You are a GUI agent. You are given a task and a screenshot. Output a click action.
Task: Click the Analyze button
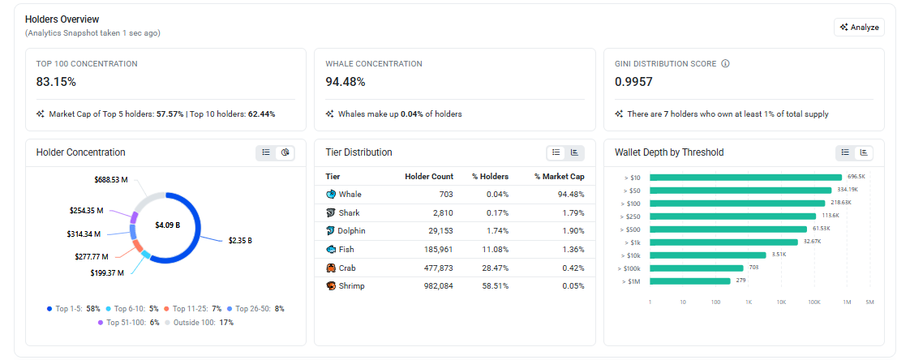point(859,27)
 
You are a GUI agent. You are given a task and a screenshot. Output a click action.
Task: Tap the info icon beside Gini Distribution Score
point(725,63)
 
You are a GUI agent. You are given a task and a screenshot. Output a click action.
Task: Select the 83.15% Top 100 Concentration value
point(56,82)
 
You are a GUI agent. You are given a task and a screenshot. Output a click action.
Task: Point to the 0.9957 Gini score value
point(633,82)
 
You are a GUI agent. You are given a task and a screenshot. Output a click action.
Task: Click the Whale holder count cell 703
point(446,194)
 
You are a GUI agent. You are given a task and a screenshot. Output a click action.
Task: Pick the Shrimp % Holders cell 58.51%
point(497,285)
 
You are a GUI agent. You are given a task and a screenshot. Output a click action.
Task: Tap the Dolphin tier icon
point(331,231)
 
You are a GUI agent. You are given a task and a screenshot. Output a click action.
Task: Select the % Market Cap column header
point(560,177)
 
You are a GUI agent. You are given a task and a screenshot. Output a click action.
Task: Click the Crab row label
point(346,268)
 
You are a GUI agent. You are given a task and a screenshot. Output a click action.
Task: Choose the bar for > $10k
point(708,255)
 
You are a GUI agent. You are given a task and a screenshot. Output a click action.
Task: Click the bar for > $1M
point(690,281)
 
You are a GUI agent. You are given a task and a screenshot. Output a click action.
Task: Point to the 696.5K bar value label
point(856,176)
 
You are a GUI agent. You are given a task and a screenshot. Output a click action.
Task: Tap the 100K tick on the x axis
point(814,302)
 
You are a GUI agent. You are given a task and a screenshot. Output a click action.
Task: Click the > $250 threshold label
point(632,216)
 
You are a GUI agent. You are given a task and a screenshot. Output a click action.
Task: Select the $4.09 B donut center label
point(168,225)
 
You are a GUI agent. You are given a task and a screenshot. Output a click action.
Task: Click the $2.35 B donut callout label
point(240,240)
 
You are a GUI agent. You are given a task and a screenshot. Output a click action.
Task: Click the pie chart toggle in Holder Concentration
point(285,152)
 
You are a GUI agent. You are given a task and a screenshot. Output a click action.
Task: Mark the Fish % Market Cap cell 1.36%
point(573,250)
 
